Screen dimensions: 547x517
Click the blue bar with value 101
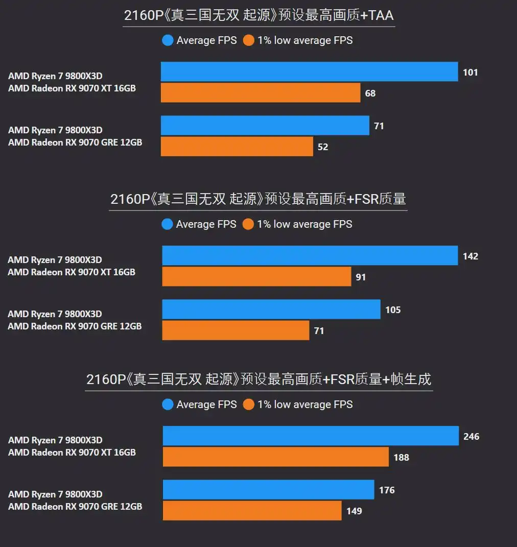click(x=309, y=72)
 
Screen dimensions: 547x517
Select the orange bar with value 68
click(x=261, y=93)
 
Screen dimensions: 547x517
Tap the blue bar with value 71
click(x=265, y=126)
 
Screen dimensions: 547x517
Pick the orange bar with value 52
click(x=237, y=147)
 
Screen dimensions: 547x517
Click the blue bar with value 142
click(x=310, y=255)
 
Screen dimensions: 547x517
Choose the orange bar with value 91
click(x=256, y=276)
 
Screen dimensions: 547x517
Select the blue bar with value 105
click(x=271, y=309)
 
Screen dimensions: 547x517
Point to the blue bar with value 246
click(x=311, y=436)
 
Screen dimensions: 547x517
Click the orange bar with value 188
click(x=276, y=457)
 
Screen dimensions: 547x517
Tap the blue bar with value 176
click(x=268, y=489)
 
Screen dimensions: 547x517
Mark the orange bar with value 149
click(x=252, y=510)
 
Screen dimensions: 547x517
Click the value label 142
click(x=471, y=256)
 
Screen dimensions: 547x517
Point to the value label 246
click(x=471, y=436)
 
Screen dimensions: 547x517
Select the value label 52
click(x=323, y=147)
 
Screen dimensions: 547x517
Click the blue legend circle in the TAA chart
click(x=168, y=40)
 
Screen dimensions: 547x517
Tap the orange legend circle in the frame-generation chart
click(x=249, y=405)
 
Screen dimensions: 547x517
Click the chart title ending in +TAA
click(x=258, y=15)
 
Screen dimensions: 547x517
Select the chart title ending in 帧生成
click(x=258, y=379)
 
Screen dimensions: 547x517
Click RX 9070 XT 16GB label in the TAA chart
click(x=72, y=88)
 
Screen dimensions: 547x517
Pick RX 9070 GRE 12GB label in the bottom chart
click(x=75, y=507)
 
